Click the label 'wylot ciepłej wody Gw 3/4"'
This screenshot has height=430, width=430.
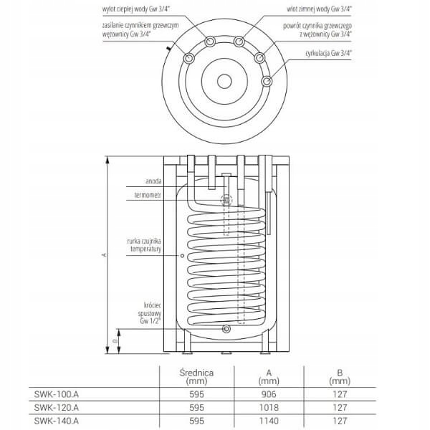tap(136, 9)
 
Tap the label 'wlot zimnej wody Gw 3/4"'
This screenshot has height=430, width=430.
tap(319, 9)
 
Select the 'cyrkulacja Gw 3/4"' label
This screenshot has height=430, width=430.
tap(328, 53)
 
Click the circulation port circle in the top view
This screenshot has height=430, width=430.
tap(267, 81)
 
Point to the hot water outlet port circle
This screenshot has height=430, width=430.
tap(210, 42)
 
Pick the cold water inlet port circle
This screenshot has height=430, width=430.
tap(239, 42)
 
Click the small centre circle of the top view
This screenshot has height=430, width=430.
tap(224, 81)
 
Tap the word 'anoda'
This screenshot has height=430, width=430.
tap(153, 181)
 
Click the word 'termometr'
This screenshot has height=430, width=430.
tap(148, 195)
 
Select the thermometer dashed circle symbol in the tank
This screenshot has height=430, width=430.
tap(226, 200)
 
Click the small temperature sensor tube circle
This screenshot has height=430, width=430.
tap(182, 256)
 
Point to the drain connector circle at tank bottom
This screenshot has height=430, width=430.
tap(226, 328)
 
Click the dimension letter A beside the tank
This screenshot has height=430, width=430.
tap(104, 255)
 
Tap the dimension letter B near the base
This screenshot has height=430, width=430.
tap(115, 341)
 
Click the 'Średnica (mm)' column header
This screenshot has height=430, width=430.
tap(196, 376)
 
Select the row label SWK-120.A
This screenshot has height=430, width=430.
tap(56, 408)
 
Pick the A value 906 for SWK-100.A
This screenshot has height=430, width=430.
tap(269, 394)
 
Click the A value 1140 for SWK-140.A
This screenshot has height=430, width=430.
tap(269, 421)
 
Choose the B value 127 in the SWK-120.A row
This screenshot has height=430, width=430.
tap(340, 408)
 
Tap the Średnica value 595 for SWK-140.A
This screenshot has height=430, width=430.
tap(196, 421)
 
